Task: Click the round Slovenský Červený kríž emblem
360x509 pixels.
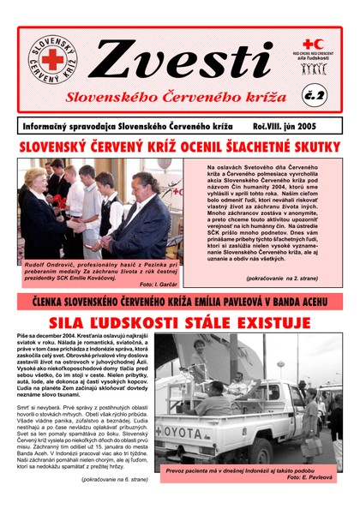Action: tap(51, 61)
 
